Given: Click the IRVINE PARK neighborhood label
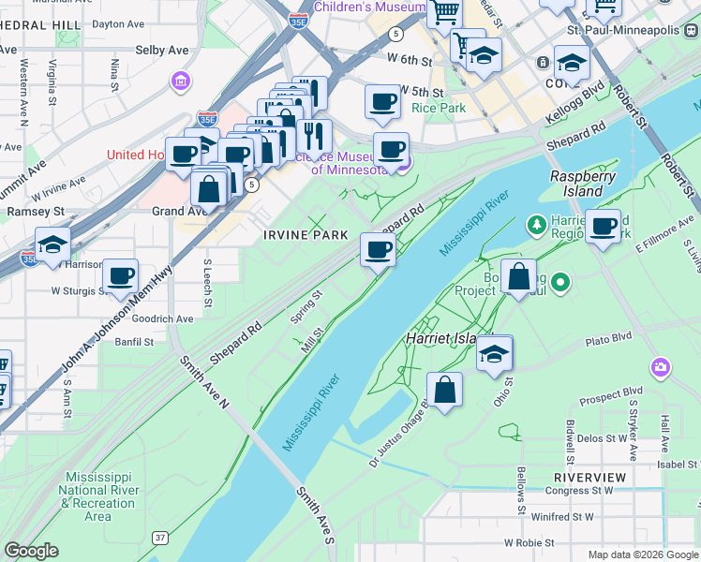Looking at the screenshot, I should pos(306,235).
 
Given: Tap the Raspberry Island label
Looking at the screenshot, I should pos(576,183).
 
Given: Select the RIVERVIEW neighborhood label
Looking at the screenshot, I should pos(589,477).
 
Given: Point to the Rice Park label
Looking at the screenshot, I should pos(439,108).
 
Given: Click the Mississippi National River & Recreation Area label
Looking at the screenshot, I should pos(98,497).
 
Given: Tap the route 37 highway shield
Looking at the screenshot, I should pos(160,536).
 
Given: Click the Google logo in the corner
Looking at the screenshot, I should pos(30,551).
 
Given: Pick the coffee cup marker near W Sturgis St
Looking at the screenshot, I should pos(120,275).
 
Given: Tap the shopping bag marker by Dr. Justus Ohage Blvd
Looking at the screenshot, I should pos(445,390).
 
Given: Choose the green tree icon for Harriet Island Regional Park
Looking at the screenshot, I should pos(536,224).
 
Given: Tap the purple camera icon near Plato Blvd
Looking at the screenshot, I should pos(662,366).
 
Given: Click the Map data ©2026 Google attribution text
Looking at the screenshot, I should pos(642,554).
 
